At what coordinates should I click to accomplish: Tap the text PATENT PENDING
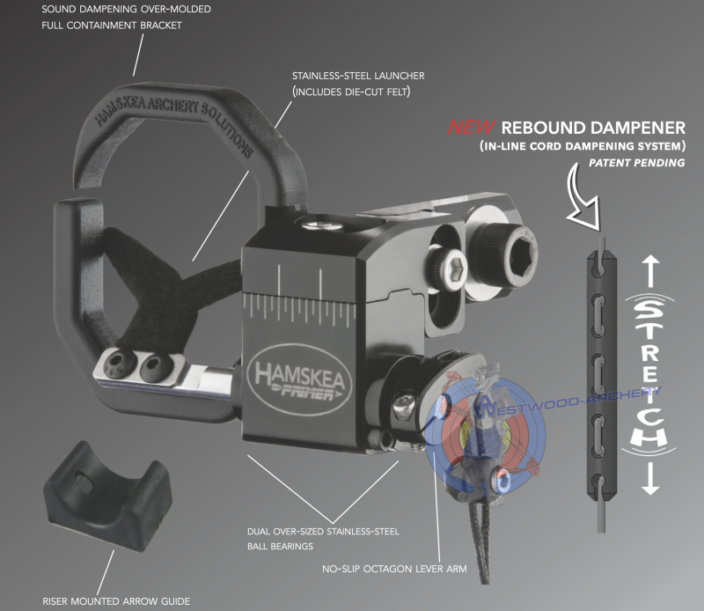[x=637, y=164]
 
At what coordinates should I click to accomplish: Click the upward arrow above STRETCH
[x=649, y=271]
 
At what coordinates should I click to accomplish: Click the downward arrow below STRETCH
[x=649, y=475]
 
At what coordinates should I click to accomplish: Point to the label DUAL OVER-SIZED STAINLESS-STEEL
[x=324, y=532]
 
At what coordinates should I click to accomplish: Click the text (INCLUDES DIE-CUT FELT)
[x=350, y=92]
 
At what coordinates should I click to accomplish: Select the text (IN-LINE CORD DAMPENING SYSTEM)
[x=583, y=146]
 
